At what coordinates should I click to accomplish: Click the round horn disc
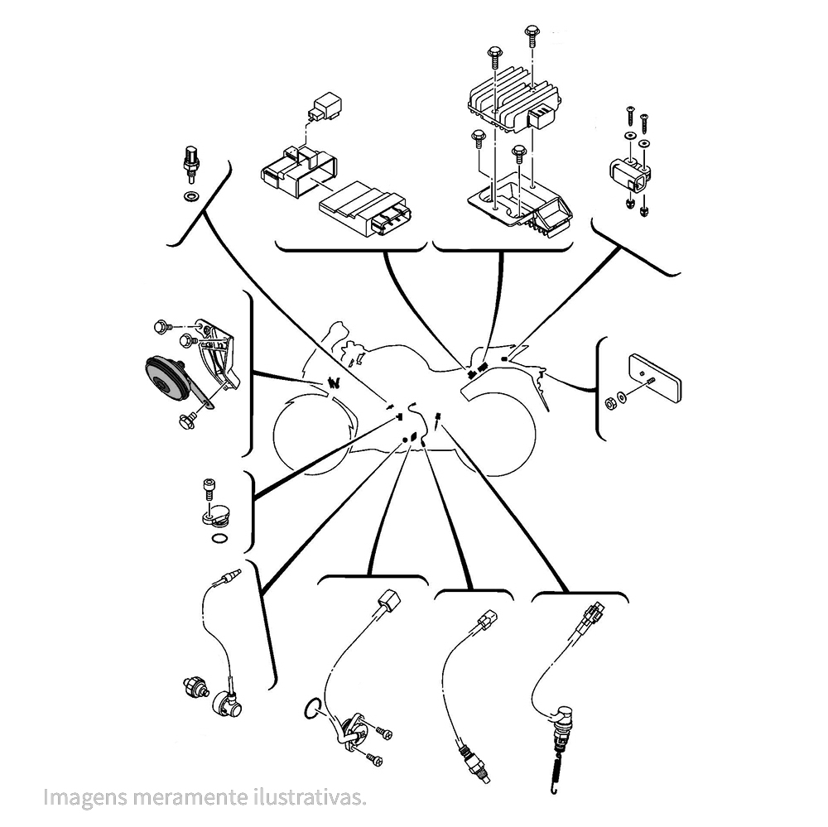point(168,379)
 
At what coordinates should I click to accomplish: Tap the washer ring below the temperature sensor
point(190,197)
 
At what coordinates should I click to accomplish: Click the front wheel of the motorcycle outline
point(315,433)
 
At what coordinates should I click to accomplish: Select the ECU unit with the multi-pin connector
point(363,208)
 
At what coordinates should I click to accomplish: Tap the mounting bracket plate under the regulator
point(520,204)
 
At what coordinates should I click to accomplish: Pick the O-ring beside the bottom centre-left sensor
point(312,708)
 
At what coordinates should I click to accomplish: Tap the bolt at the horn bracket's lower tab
point(187,421)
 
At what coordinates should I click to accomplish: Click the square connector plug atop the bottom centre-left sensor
point(388,600)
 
